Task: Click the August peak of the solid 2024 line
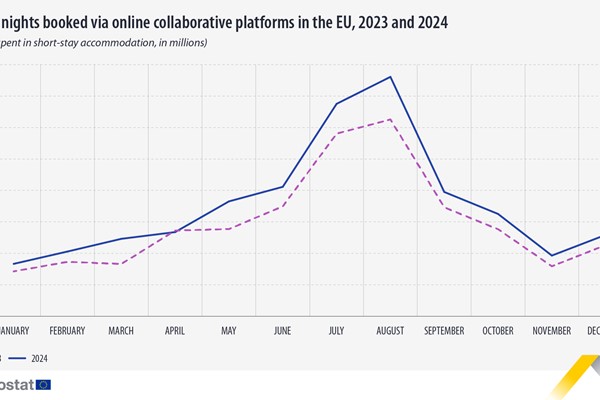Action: pyautogui.click(x=390, y=76)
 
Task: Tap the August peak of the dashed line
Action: pyautogui.click(x=390, y=119)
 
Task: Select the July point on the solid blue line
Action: pyautogui.click(x=336, y=103)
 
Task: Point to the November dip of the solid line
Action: pyautogui.click(x=552, y=256)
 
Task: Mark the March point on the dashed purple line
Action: pyautogui.click(x=120, y=264)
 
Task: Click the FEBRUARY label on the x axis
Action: pyautogui.click(x=66, y=331)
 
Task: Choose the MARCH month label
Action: pyautogui.click(x=120, y=331)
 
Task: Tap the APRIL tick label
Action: pyautogui.click(x=174, y=331)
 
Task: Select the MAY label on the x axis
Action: pyautogui.click(x=228, y=331)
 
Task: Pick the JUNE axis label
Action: pyautogui.click(x=282, y=331)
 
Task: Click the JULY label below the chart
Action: pyautogui.click(x=336, y=331)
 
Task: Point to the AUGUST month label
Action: pyautogui.click(x=390, y=331)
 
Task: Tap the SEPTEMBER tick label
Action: pyautogui.click(x=444, y=331)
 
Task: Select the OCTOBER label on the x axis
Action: pyautogui.click(x=498, y=331)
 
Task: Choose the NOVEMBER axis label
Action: pyautogui.click(x=552, y=331)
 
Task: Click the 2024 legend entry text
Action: pyautogui.click(x=39, y=357)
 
